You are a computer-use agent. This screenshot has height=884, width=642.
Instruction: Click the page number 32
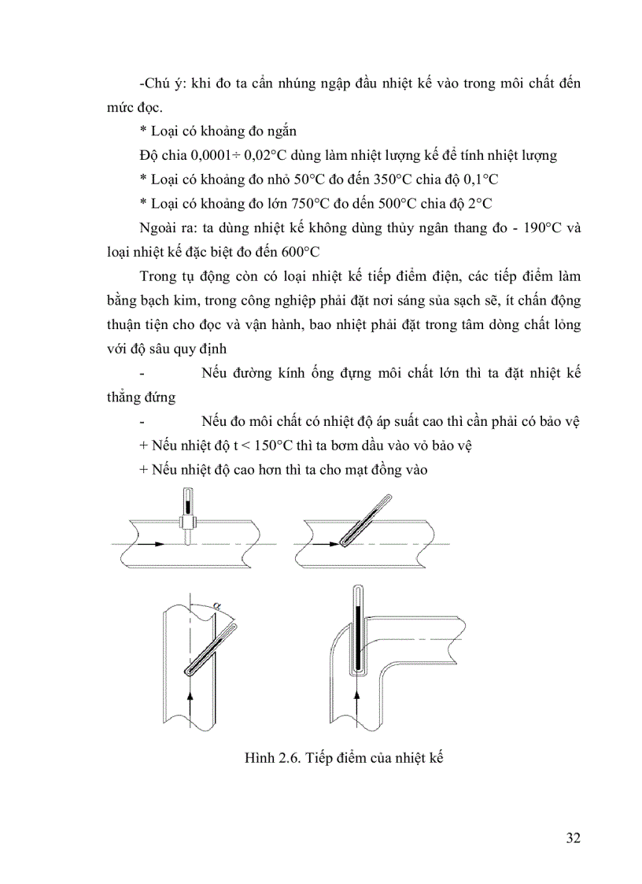tap(573, 837)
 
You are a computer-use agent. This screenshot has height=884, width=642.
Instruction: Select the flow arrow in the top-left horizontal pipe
tap(154, 544)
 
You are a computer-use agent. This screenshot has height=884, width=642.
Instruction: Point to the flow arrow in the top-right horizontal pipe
tap(323, 544)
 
